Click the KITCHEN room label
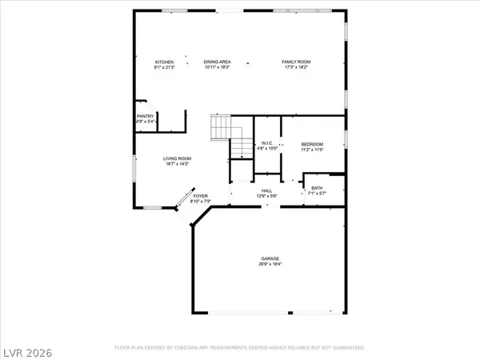(x=165, y=62)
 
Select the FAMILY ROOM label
(x=295, y=62)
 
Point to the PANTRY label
(x=145, y=116)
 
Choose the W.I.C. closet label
(x=267, y=143)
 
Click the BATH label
(x=318, y=188)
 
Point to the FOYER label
(x=200, y=195)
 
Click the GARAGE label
(x=270, y=258)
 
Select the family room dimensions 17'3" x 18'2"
(x=295, y=67)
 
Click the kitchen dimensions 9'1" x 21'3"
(x=165, y=67)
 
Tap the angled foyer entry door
(x=183, y=198)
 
